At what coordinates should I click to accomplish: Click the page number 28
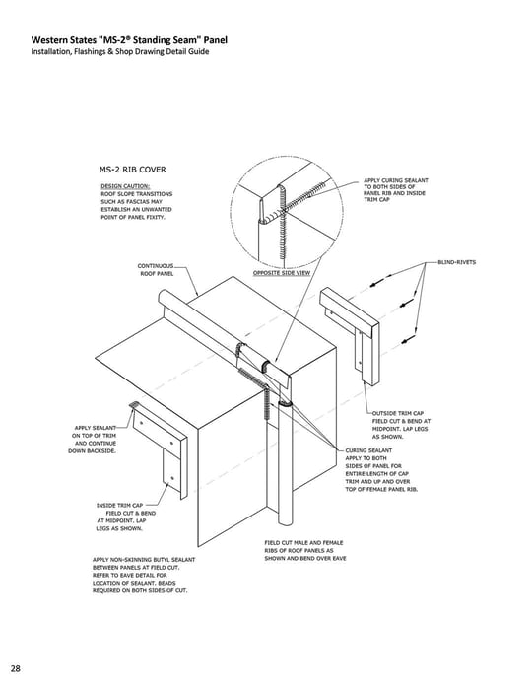click(x=16, y=667)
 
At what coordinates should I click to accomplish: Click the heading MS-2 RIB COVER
click(x=131, y=169)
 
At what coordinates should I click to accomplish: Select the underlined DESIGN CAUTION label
click(x=122, y=185)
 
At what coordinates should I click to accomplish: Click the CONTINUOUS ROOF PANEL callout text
click(x=156, y=269)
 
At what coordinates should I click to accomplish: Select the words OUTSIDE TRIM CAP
click(x=398, y=413)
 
